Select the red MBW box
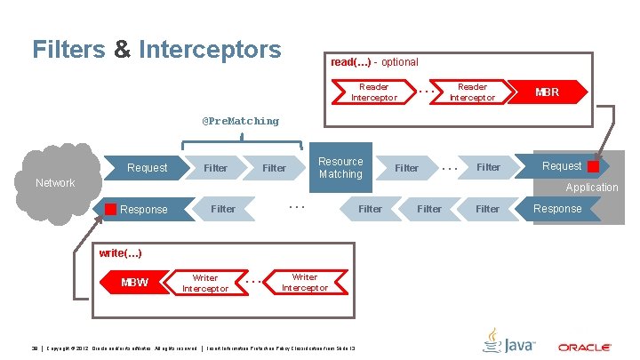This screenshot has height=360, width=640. [x=135, y=283]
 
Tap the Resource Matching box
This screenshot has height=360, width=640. [x=340, y=168]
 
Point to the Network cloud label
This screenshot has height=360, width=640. [x=55, y=183]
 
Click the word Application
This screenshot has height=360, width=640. [x=591, y=188]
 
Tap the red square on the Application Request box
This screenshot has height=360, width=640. [x=593, y=166]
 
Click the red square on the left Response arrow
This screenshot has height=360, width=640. [x=110, y=210]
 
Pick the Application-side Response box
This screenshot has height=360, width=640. [x=557, y=209]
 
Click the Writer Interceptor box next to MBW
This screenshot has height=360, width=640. [x=205, y=283]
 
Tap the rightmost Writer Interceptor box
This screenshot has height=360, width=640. [x=305, y=283]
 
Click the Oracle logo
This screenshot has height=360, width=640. [x=583, y=347]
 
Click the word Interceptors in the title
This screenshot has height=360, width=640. [x=210, y=49]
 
